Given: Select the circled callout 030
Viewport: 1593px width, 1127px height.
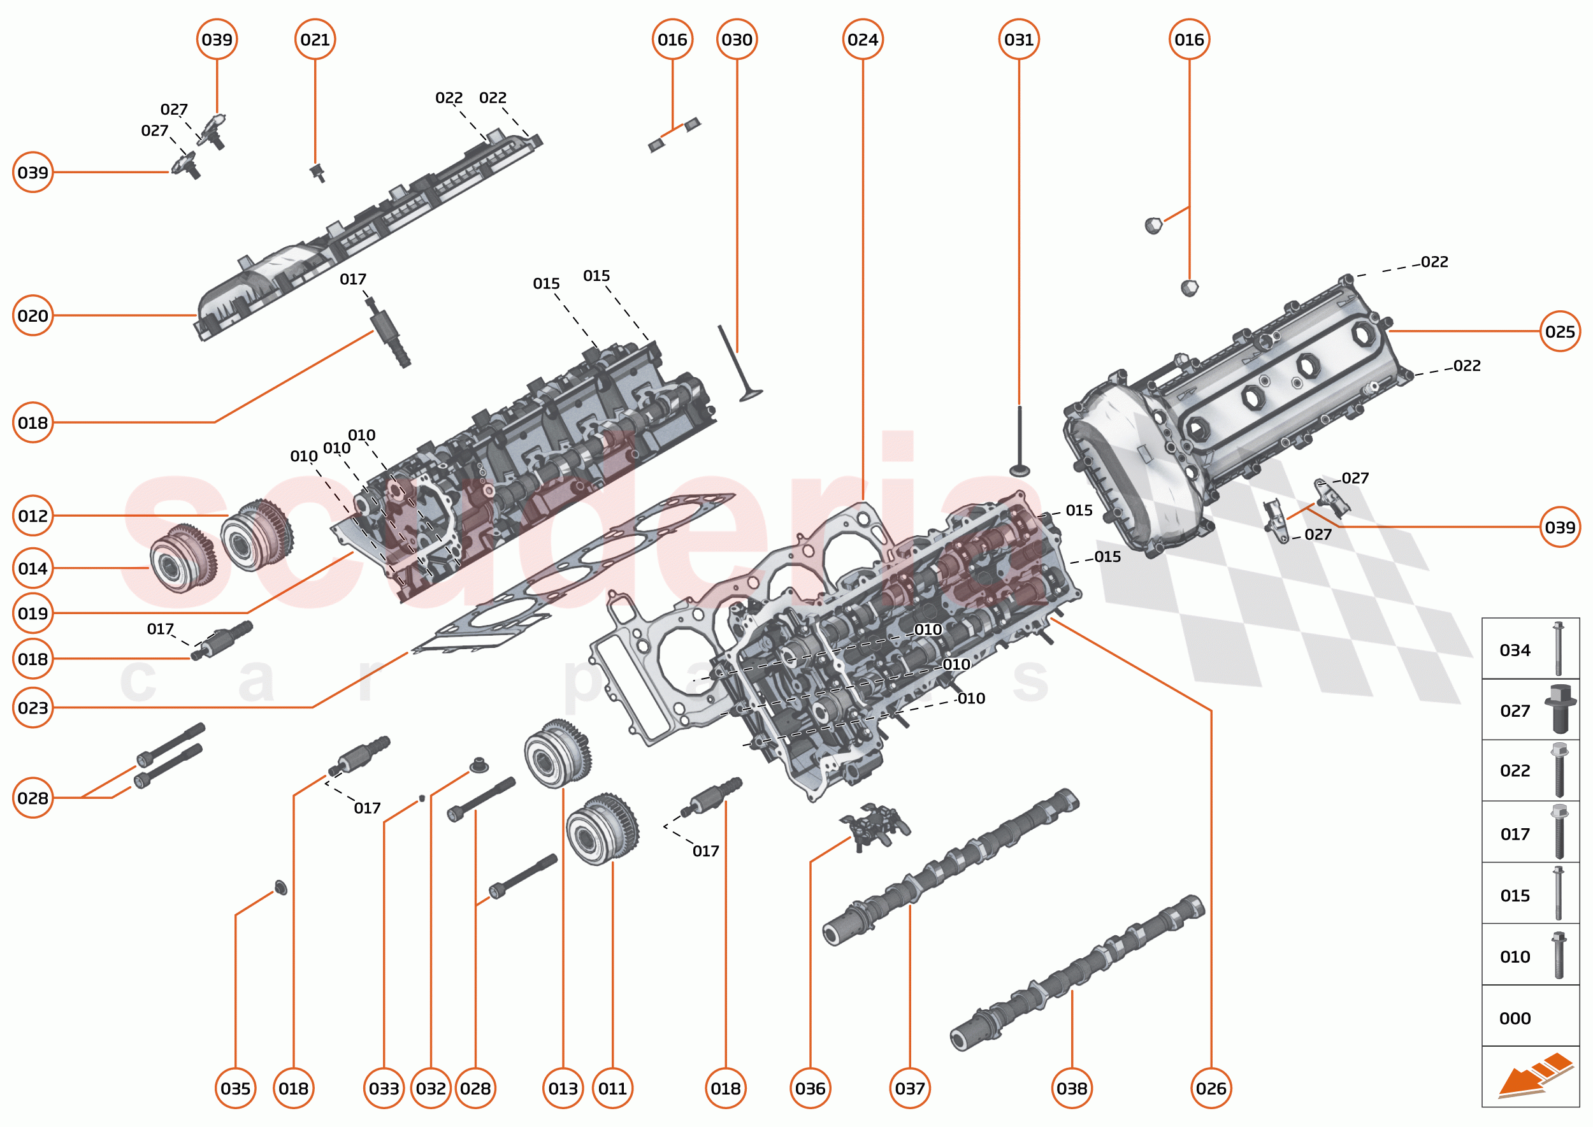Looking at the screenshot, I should click(x=737, y=39).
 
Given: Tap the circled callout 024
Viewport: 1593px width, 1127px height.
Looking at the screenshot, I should click(x=862, y=39).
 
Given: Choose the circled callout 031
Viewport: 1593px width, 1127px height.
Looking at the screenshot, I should click(x=1018, y=39).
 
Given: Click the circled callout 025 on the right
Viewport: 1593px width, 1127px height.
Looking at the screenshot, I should click(x=1560, y=331).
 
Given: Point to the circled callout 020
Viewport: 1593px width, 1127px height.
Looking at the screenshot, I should click(x=32, y=315).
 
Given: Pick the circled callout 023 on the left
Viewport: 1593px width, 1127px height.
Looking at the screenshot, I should click(x=32, y=707).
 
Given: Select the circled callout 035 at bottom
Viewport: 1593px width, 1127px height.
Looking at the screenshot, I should click(x=235, y=1088).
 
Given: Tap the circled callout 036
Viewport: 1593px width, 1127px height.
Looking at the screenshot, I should click(x=810, y=1088).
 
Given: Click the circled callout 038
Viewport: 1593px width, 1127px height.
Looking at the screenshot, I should click(x=1071, y=1088).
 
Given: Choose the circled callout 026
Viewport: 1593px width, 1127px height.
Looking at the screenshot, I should click(x=1211, y=1088).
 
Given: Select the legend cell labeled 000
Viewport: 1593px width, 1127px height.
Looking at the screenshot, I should click(x=1530, y=1017).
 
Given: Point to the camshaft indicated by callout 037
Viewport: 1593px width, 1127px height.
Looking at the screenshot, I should click(x=951, y=868).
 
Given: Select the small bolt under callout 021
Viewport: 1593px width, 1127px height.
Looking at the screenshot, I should click(x=319, y=172).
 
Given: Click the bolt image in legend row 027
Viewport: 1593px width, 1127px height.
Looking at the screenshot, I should click(x=1560, y=709).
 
